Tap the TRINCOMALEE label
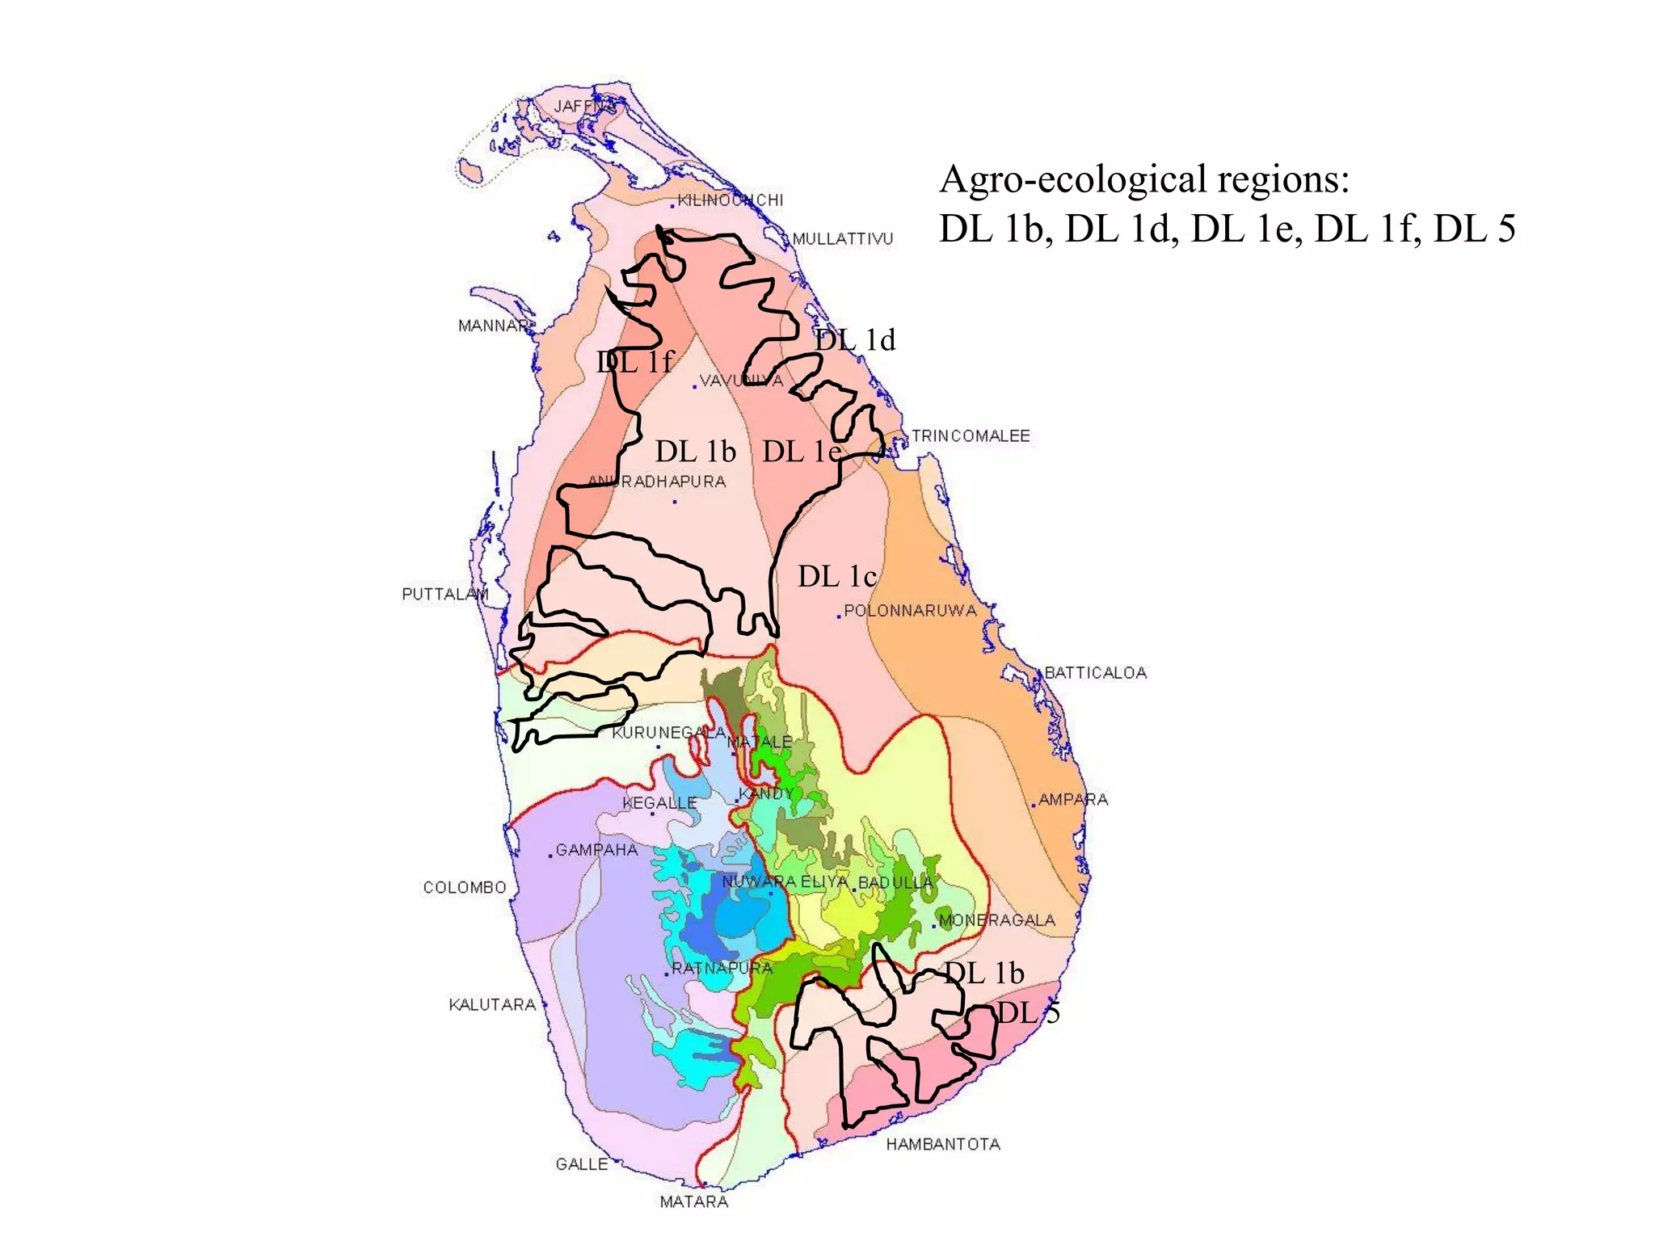(x=971, y=436)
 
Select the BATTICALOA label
(x=1095, y=673)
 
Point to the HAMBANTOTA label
(x=943, y=1144)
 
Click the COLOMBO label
(x=465, y=887)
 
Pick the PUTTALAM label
(x=445, y=594)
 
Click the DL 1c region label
(x=837, y=577)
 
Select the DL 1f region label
(x=634, y=362)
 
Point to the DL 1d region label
(x=855, y=340)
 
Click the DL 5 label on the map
(x=1027, y=1012)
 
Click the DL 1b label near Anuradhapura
(x=695, y=452)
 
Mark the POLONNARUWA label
(x=910, y=611)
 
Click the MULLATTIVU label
(x=842, y=239)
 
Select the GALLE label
(x=581, y=1164)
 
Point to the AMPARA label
(x=1072, y=799)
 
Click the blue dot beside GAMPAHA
(x=551, y=856)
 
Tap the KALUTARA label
(x=492, y=1004)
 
